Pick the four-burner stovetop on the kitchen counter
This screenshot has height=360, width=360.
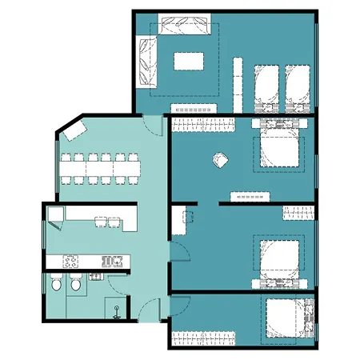click(70, 262)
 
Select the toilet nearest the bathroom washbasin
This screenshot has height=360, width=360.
click(75, 283)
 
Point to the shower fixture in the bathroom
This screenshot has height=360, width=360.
click(118, 307)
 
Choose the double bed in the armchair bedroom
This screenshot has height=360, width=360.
click(279, 148)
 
